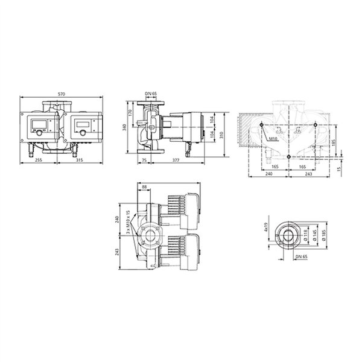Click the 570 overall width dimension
62,94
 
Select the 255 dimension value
39,160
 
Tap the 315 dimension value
79,160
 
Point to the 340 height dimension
124,127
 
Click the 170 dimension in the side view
130,113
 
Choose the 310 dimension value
221,135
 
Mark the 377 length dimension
176,160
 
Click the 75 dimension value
144,160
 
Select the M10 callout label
273,139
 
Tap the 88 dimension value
145,187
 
